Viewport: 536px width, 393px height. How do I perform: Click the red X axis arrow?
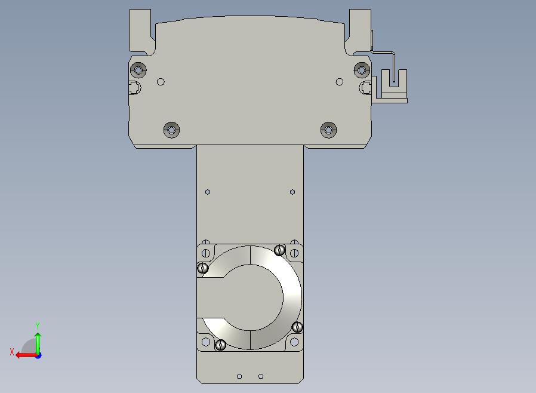pos(27,355)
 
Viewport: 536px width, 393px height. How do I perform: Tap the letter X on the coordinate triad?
pos(12,352)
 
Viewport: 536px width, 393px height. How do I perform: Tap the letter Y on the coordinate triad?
pos(38,326)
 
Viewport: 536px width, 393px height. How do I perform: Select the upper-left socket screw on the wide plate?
pos(138,70)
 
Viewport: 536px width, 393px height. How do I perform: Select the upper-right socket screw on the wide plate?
pos(362,70)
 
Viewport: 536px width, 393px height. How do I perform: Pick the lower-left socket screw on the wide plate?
pos(171,130)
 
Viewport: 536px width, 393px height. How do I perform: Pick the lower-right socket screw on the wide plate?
pos(328,130)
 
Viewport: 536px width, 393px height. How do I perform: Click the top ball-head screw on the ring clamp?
pos(279,250)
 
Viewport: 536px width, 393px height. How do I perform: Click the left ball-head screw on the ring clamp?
pos(203,268)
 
